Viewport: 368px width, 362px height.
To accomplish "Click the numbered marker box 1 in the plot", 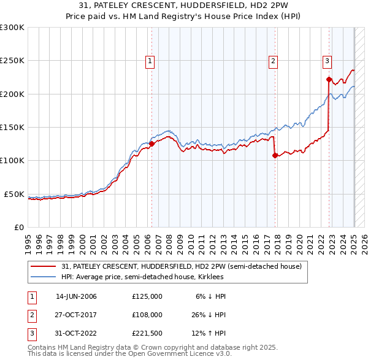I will (x=150, y=61).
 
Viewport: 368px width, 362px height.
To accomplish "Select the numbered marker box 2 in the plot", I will (x=273, y=61).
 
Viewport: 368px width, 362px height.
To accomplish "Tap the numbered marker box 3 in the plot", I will (x=328, y=61).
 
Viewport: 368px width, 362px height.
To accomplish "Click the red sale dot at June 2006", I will (x=151, y=144).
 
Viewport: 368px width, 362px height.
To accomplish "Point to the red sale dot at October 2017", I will (x=275, y=155).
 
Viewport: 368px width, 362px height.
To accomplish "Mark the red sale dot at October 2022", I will (x=329, y=79).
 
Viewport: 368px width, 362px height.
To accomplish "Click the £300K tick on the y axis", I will (x=12, y=28).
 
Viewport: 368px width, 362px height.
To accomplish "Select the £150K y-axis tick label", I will (x=12, y=128).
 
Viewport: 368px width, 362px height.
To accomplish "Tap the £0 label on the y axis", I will (x=18, y=227).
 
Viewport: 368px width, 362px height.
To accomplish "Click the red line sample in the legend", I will (x=44, y=267).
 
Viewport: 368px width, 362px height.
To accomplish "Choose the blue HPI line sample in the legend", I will (x=44, y=277).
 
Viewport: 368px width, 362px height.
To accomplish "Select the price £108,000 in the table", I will (x=147, y=315).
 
